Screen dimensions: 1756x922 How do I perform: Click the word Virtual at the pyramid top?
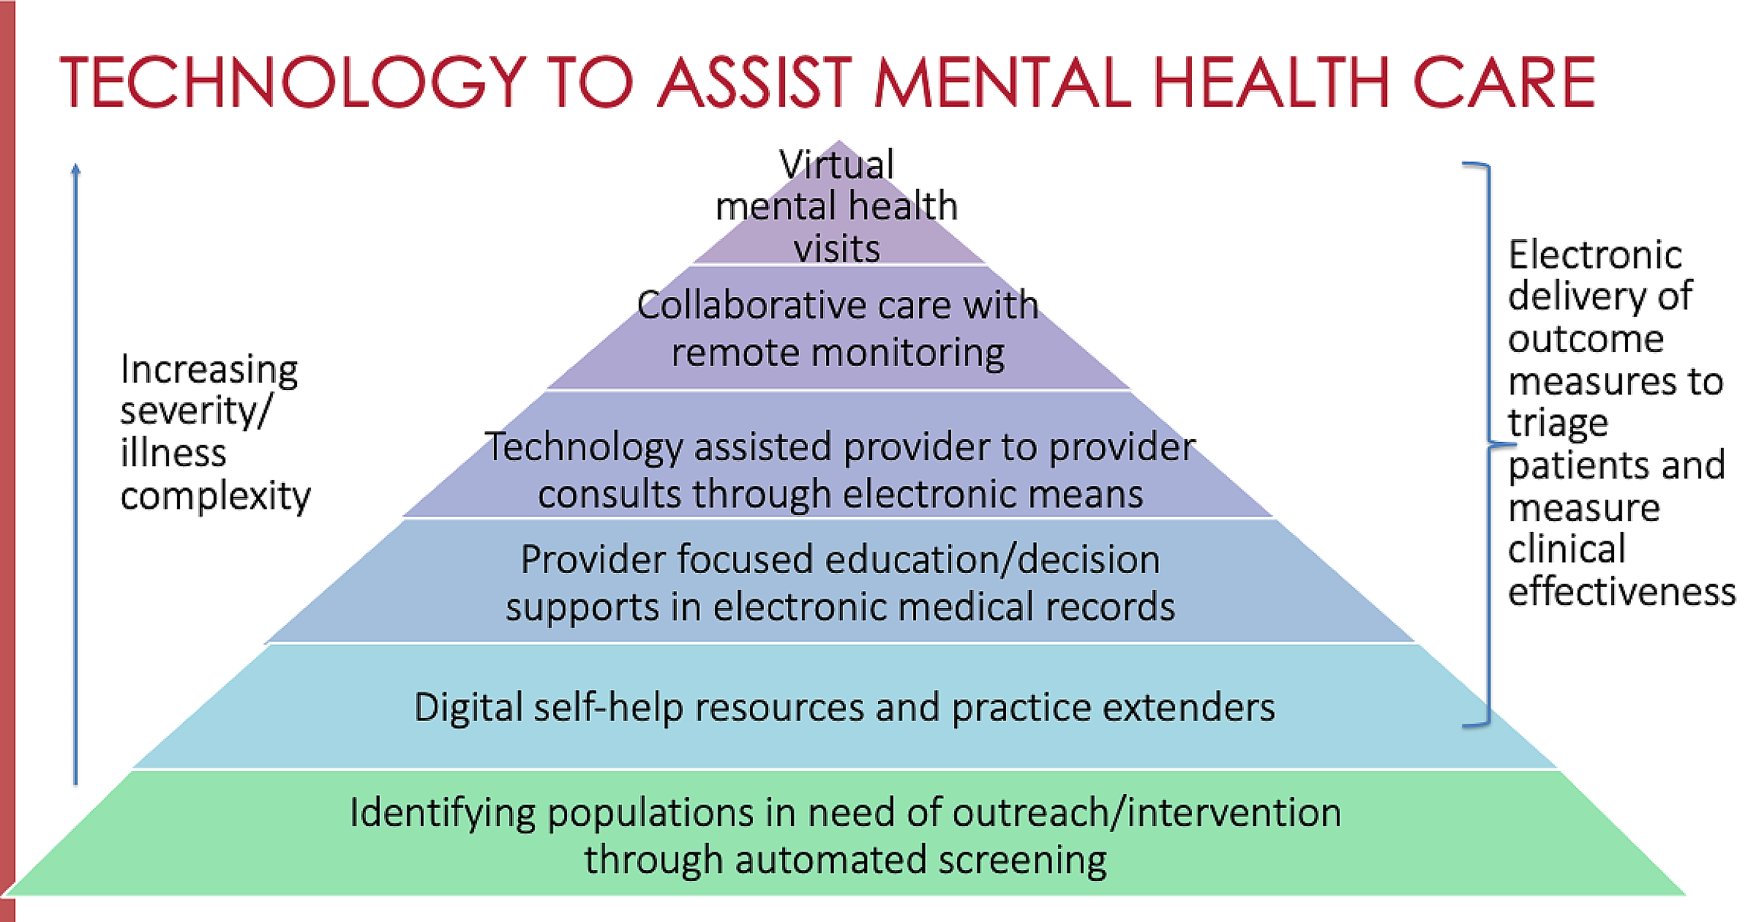(836, 164)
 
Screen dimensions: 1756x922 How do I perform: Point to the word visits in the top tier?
(836, 249)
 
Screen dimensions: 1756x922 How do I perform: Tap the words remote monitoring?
(838, 353)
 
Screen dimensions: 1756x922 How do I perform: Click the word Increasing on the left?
(209, 370)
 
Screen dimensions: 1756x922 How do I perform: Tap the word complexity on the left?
(215, 497)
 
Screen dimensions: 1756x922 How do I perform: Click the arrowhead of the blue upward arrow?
(75, 169)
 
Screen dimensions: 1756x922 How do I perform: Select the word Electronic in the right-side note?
(1595, 255)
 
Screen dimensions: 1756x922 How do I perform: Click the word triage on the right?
(1558, 424)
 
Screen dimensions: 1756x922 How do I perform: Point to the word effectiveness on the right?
(1621, 591)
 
